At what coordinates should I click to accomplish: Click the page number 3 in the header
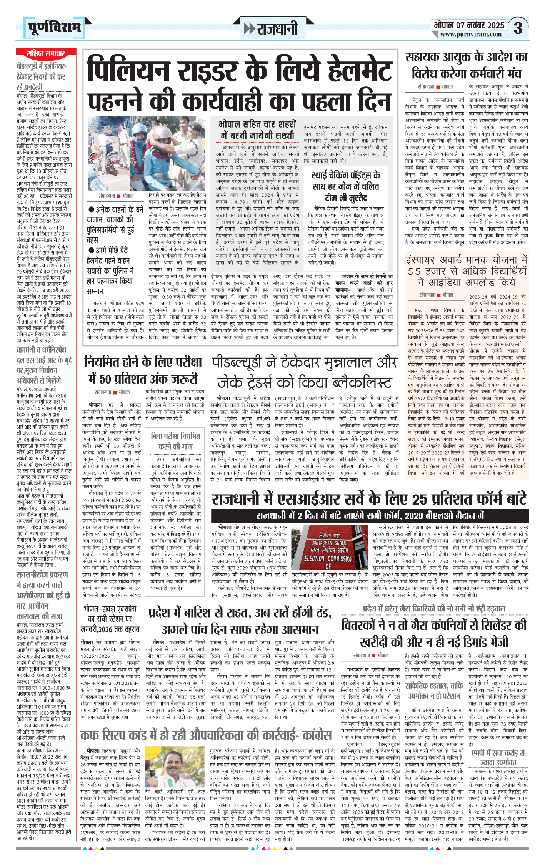click(x=518, y=28)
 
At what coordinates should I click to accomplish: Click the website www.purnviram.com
click(x=471, y=34)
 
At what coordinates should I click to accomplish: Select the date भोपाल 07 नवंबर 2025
click(x=469, y=25)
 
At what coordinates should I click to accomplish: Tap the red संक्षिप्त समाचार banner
click(x=46, y=53)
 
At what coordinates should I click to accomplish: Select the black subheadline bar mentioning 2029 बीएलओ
click(x=369, y=515)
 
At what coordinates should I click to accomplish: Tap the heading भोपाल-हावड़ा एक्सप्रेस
click(x=110, y=609)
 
